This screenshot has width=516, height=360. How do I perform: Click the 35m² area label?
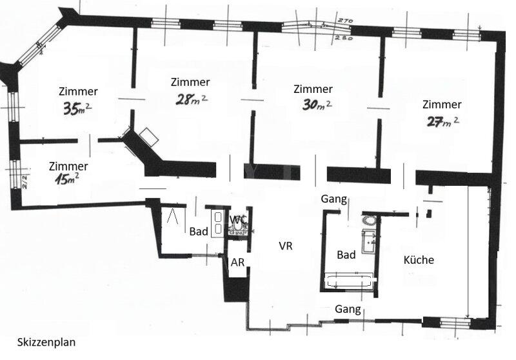(77, 108)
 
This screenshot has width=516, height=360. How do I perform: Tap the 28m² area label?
(191, 99)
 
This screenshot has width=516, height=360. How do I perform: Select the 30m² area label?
(317, 105)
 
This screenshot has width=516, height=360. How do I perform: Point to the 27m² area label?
(442, 121)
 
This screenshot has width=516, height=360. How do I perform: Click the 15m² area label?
(67, 179)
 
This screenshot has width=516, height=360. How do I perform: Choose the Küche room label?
(419, 259)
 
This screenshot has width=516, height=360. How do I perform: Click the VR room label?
(285, 246)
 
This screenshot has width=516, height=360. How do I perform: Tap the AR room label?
(237, 263)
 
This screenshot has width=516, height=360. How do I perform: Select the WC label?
(237, 219)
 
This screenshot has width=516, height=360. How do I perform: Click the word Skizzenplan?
(46, 342)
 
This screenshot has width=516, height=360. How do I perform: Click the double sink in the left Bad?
(217, 223)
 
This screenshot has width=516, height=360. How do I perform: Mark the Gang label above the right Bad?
(333, 199)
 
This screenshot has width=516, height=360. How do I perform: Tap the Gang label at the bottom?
(348, 309)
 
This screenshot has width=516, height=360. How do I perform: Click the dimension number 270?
(345, 21)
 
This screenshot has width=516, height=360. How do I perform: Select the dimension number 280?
(344, 38)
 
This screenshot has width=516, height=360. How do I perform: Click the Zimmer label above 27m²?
(442, 105)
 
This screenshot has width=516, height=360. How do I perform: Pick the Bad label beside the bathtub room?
(346, 255)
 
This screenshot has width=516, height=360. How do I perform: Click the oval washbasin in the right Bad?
(370, 220)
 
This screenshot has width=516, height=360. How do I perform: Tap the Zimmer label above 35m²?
(78, 91)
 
